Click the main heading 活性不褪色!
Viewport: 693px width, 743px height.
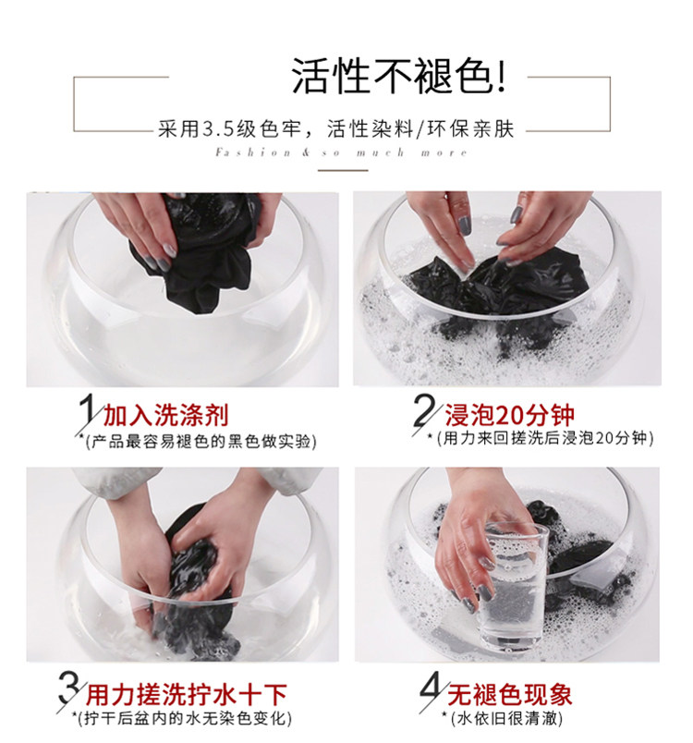coord(397,77)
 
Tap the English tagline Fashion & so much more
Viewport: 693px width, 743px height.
coord(341,152)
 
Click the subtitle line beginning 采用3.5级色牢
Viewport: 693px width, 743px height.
coord(335,128)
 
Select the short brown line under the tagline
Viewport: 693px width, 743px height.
coord(343,170)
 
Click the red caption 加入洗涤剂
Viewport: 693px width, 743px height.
coord(165,415)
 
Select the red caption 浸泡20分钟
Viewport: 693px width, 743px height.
coord(509,415)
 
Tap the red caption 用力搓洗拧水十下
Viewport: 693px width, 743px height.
coord(186,695)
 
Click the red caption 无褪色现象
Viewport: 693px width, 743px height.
coord(510,695)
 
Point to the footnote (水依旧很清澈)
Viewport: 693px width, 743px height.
coord(505,718)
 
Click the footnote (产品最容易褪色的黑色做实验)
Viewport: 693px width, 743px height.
coord(201,441)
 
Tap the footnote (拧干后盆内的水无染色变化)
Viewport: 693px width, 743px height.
coord(185,718)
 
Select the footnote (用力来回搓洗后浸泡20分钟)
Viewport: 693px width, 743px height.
coord(545,438)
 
